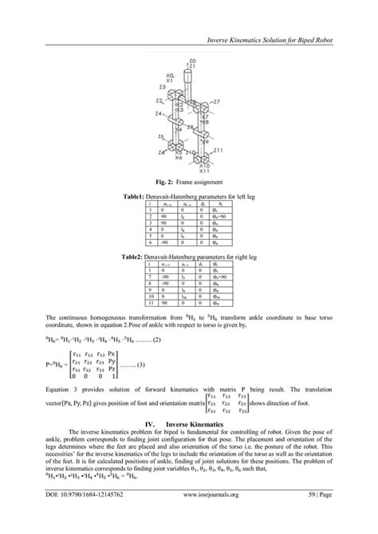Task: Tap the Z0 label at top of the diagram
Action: coord(192,61)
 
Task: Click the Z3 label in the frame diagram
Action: coord(162,85)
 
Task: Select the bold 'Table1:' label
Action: coord(136,195)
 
